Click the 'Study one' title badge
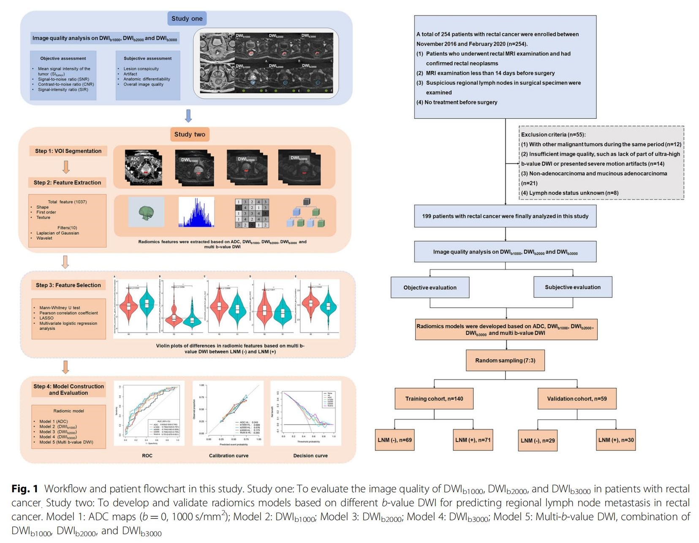click(187, 19)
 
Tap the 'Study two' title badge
click(190, 134)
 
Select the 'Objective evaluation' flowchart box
click(430, 287)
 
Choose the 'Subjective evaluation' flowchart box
click(572, 287)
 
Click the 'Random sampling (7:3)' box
click(505, 360)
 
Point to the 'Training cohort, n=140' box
click(434, 398)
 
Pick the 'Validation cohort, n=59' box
click(577, 398)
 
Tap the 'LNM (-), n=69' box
click(394, 440)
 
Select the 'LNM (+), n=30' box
click(616, 440)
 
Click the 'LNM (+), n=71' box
click(473, 440)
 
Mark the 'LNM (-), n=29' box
click(537, 440)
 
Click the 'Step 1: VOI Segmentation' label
click(68, 151)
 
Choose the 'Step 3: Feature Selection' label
click(68, 285)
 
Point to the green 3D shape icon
click(146, 213)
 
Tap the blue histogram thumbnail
click(196, 213)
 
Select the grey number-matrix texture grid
click(252, 213)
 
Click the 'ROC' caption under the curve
click(147, 456)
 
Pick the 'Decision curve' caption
click(310, 456)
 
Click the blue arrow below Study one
click(188, 115)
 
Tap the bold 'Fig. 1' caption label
click(24, 489)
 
